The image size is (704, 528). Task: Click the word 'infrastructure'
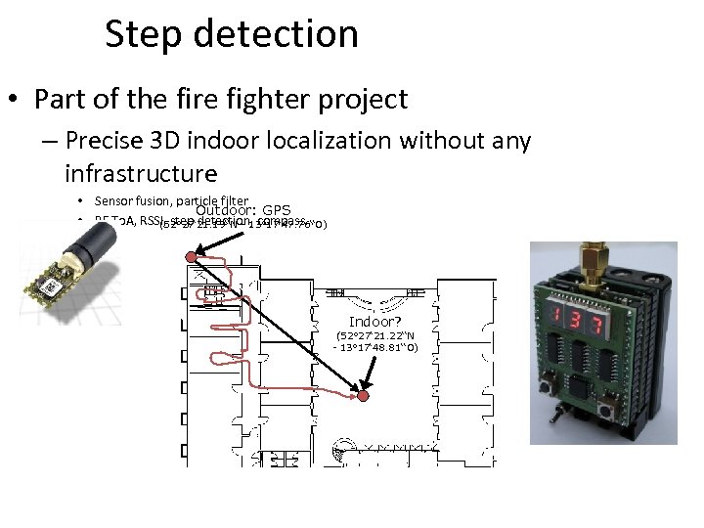point(140,174)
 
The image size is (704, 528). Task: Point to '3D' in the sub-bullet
point(183,142)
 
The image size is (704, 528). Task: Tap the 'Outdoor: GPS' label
point(243,210)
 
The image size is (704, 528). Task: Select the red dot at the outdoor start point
point(192,257)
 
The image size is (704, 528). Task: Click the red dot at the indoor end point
point(362,397)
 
